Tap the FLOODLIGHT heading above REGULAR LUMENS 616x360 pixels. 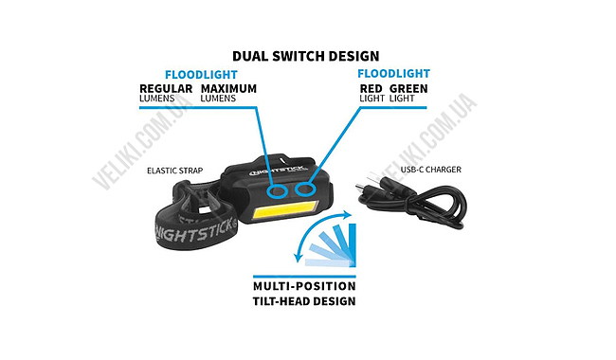202,75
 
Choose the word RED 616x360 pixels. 371,88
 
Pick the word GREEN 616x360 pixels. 409,88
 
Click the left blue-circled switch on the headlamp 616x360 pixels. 277,191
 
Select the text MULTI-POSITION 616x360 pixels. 304,285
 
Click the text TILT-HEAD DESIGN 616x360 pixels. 304,301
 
